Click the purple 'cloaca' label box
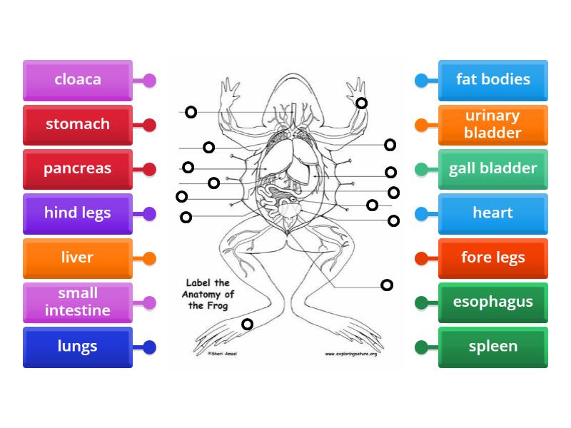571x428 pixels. click(77, 80)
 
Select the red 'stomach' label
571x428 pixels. click(77, 125)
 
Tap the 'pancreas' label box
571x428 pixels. click(77, 169)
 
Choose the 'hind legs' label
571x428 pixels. click(77, 213)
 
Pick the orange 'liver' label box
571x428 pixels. click(77, 258)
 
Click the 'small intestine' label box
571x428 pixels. click(77, 302)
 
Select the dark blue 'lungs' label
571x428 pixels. click(77, 347)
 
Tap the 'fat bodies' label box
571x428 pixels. click(493, 80)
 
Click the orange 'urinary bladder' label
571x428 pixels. click(493, 125)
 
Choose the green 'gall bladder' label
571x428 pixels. click(493, 169)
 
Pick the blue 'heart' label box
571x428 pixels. click(493, 213)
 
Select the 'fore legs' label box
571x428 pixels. click(493, 258)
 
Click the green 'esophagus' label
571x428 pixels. click(493, 302)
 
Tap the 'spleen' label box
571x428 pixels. click(493, 347)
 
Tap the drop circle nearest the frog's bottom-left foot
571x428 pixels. click(247, 325)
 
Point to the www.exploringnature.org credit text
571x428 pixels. click(350, 353)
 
